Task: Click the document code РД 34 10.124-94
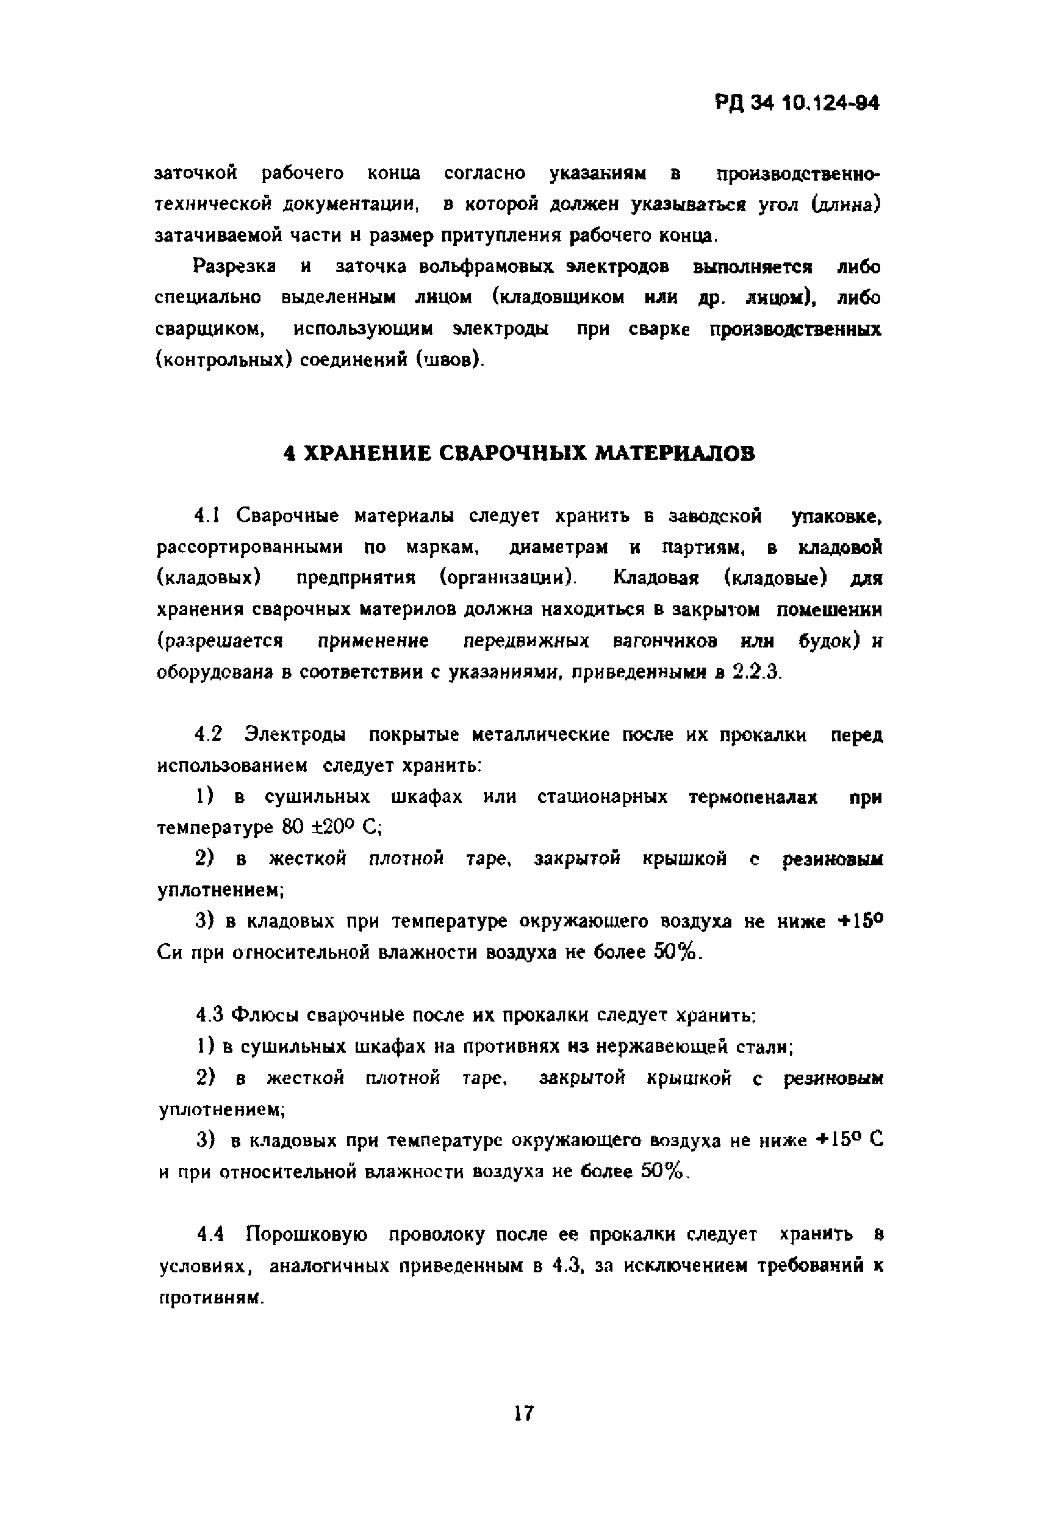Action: pyautogui.click(x=797, y=104)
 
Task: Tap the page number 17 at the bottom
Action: pyautogui.click(x=523, y=1413)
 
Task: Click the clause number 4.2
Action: pyautogui.click(x=209, y=734)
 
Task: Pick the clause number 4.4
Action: pyautogui.click(x=210, y=1235)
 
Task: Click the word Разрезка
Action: pyautogui.click(x=234, y=267)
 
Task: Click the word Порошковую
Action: pyautogui.click(x=307, y=1235)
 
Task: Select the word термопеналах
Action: pyautogui.click(x=753, y=797)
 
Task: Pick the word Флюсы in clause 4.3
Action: pyautogui.click(x=265, y=1015)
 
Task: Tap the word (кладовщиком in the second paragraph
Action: pyautogui.click(x=558, y=298)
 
